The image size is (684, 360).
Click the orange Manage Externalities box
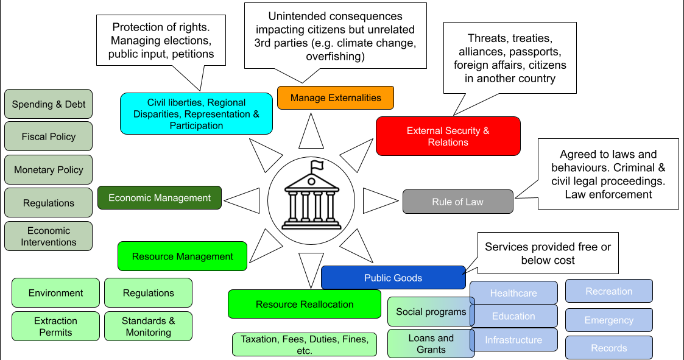pyautogui.click(x=335, y=97)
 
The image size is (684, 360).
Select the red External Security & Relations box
pyautogui.click(x=448, y=136)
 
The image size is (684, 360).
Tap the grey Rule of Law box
pyautogui.click(x=457, y=202)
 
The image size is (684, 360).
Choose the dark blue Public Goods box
pyautogui.click(x=393, y=278)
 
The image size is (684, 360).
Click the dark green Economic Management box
pyautogui.click(x=160, y=198)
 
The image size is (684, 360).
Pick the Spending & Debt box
pyautogui.click(x=49, y=104)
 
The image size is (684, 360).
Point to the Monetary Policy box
pyautogui.click(x=49, y=170)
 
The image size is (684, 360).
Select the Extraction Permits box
pyautogui.click(x=55, y=326)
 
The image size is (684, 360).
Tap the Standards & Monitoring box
pyautogui.click(x=148, y=326)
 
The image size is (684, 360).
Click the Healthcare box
pyautogui.click(x=513, y=293)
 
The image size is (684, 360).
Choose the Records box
pyautogui.click(x=608, y=348)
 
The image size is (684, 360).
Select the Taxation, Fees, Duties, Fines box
pyautogui.click(x=304, y=345)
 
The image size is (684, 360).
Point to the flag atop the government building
pyautogui.click(x=317, y=165)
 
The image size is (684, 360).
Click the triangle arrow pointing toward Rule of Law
pyautogui.click(x=379, y=199)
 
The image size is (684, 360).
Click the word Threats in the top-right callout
pyautogui.click(x=487, y=38)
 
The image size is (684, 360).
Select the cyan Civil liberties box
pyautogui.click(x=196, y=114)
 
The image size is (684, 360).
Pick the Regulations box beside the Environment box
pyautogui.click(x=148, y=293)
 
